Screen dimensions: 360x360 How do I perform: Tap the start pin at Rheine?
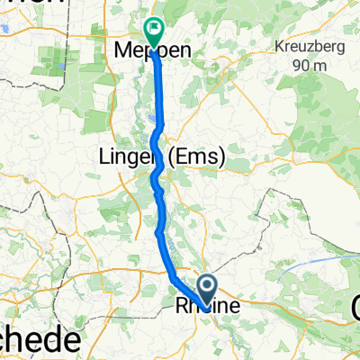(206, 290)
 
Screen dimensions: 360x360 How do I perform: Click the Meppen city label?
(153, 53)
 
